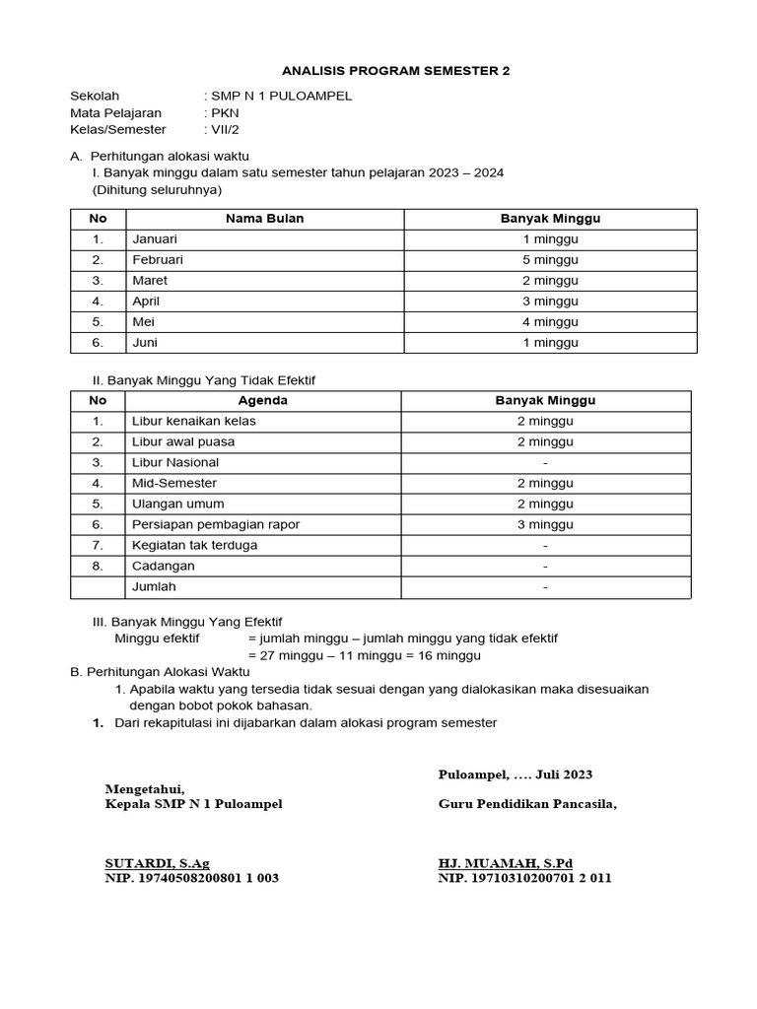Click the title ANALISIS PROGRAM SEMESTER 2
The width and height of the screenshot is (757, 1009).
tap(397, 72)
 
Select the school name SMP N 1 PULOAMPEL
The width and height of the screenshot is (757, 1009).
tap(280, 97)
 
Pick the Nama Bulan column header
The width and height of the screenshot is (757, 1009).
tap(264, 219)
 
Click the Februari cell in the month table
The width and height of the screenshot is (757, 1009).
tap(158, 260)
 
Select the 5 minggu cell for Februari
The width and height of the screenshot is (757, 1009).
tap(550, 260)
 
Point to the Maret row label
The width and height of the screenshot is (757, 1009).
tap(150, 281)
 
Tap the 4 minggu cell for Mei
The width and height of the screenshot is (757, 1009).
tap(550, 322)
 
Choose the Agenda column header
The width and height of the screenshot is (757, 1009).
tap(263, 401)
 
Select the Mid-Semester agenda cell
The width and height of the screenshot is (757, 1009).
tap(174, 484)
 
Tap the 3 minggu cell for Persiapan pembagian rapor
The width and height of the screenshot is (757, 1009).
tap(545, 525)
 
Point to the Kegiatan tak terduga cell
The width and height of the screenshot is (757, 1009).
tap(194, 546)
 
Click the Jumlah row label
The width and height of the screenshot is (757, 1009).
tap(153, 587)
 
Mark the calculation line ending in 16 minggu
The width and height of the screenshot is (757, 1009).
tap(365, 655)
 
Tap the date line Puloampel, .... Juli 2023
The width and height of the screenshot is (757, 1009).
tap(516, 774)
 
